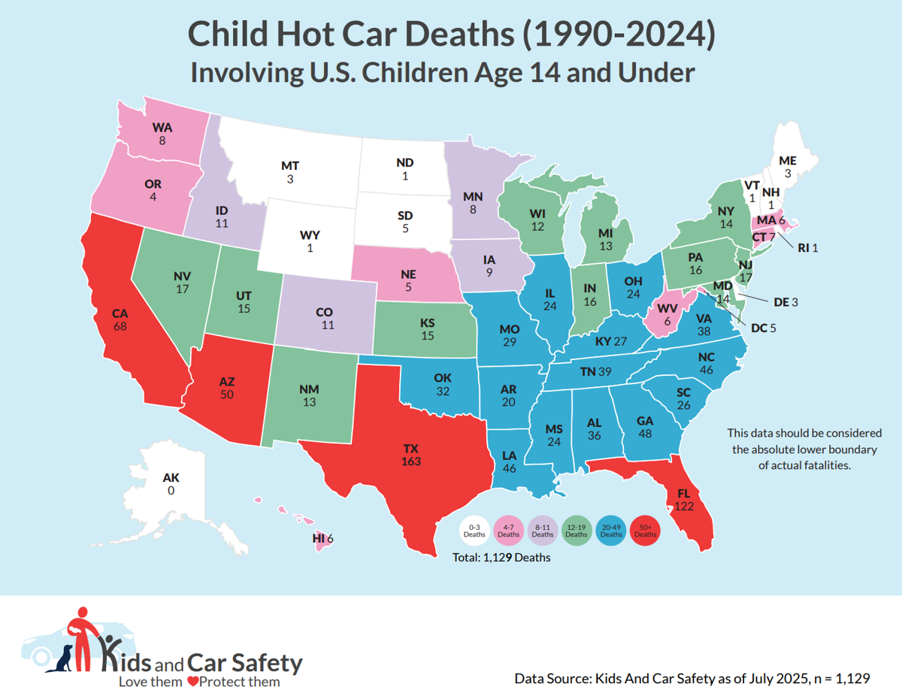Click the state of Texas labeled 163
[x=412, y=454]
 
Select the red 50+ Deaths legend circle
[x=644, y=531]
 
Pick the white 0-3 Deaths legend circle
[x=474, y=531]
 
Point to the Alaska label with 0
[x=171, y=483]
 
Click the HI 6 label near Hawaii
[x=322, y=538]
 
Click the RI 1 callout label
[x=807, y=248]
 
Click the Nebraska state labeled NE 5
[x=406, y=279]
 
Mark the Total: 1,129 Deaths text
[x=501, y=558]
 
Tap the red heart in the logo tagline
[x=192, y=682]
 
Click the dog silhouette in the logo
[x=59, y=659]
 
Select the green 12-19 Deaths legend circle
[x=576, y=531]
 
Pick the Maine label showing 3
[x=788, y=167]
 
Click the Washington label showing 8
[x=162, y=133]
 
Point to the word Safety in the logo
[x=265, y=663]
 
